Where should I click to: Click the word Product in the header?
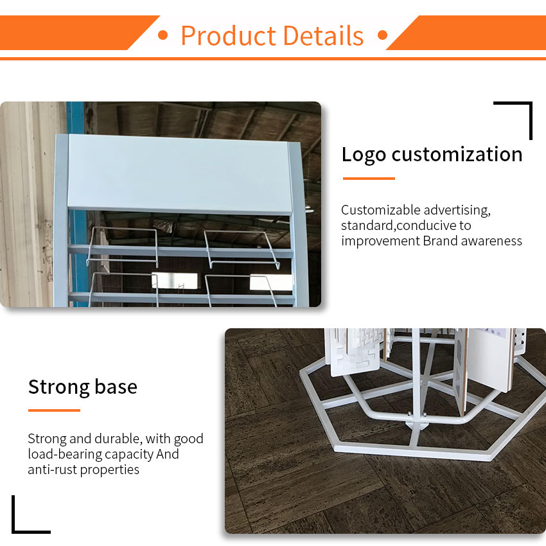tap(229, 35)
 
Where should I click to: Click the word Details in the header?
tap(324, 35)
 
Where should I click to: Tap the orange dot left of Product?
tap(163, 35)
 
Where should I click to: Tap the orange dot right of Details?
tap(382, 35)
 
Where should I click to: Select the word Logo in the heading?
tap(364, 155)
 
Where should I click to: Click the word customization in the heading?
tap(457, 154)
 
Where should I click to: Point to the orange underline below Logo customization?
tap(369, 179)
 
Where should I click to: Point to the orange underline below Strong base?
tap(54, 410)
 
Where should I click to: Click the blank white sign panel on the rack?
tap(179, 174)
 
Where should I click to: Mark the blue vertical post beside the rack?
tap(77, 204)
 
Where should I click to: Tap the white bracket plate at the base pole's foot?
tap(417, 425)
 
